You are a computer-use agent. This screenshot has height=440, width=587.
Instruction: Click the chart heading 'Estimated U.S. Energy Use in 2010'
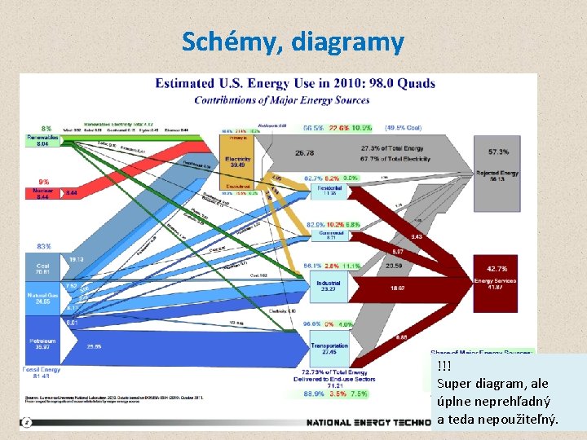coord(295,83)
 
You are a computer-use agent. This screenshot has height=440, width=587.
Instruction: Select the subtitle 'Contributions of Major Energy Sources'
coord(281,100)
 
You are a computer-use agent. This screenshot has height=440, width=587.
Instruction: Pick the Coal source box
coord(43,266)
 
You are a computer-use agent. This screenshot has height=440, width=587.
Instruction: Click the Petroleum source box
coord(43,344)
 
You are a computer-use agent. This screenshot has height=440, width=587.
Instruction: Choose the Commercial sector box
coord(330,235)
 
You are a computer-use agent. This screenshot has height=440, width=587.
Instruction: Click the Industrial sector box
coord(329,285)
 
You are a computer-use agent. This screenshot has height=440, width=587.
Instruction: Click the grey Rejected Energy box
coord(497,174)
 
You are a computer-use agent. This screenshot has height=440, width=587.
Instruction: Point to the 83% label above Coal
coord(43,246)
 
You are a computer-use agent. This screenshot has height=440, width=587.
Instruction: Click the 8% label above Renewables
coord(46,129)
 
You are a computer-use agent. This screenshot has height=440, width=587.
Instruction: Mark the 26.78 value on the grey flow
coord(305,153)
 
